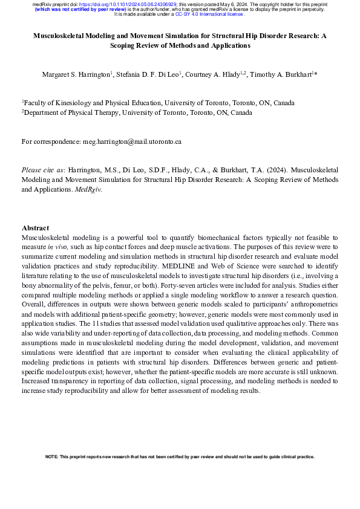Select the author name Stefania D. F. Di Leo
point(148,74)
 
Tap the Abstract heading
point(35,228)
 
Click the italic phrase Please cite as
point(42,170)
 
